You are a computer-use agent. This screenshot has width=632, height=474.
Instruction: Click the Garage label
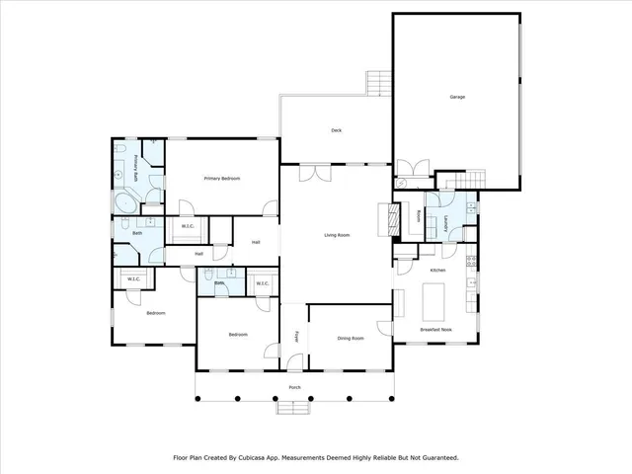pos(457,97)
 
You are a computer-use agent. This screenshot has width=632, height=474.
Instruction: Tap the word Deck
pos(336,129)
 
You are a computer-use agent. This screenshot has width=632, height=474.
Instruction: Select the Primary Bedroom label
pos(222,178)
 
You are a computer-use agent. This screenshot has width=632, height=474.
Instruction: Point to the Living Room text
pos(338,234)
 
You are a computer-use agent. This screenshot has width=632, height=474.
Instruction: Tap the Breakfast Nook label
pos(435,329)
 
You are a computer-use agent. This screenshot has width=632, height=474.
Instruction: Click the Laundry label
pos(448,223)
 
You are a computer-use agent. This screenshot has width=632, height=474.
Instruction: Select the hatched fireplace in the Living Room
pos(392,218)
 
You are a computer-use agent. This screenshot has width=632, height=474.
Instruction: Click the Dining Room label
pos(351,339)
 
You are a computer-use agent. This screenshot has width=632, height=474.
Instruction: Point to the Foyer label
pos(294,336)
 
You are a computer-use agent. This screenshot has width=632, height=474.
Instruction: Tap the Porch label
pos(294,387)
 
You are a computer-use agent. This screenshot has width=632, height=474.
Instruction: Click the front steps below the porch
pos(294,406)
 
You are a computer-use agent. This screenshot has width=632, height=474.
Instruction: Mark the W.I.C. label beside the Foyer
pos(263,284)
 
